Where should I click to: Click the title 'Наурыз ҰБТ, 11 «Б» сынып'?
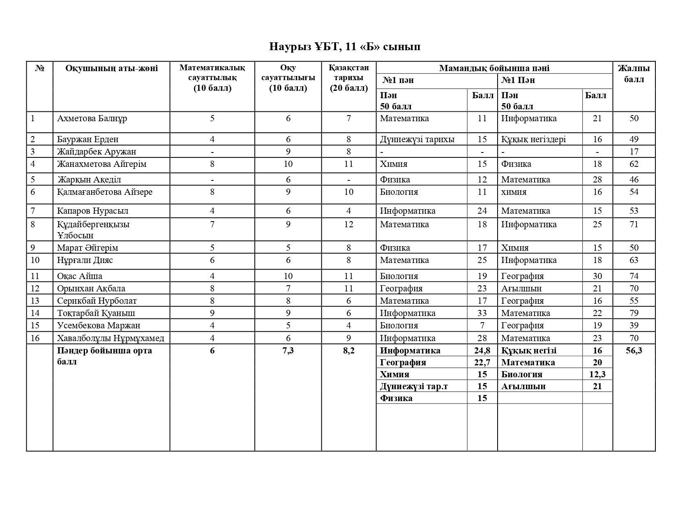click(x=344, y=46)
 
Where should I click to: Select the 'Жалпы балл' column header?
click(x=634, y=74)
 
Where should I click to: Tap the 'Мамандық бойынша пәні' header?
click(x=494, y=68)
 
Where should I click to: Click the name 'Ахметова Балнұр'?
click(x=92, y=118)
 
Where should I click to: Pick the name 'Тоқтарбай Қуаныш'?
click(x=96, y=313)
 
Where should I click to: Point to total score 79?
click(x=634, y=313)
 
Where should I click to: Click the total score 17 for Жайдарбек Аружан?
click(x=634, y=152)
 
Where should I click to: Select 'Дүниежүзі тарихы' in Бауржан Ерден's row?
click(x=417, y=139)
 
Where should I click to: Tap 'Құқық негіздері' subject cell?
click(x=533, y=139)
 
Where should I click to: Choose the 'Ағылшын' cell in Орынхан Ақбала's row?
click(x=521, y=289)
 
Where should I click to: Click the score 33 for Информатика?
click(x=482, y=313)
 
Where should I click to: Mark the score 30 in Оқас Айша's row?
click(x=597, y=276)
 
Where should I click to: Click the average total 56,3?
click(x=634, y=351)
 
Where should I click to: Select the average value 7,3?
click(x=288, y=351)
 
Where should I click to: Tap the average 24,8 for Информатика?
click(x=482, y=351)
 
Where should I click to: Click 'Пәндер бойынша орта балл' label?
click(x=104, y=356)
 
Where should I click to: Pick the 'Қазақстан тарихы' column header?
click(x=348, y=78)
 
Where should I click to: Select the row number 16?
click(x=35, y=338)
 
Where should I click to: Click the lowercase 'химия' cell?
click(x=514, y=192)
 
